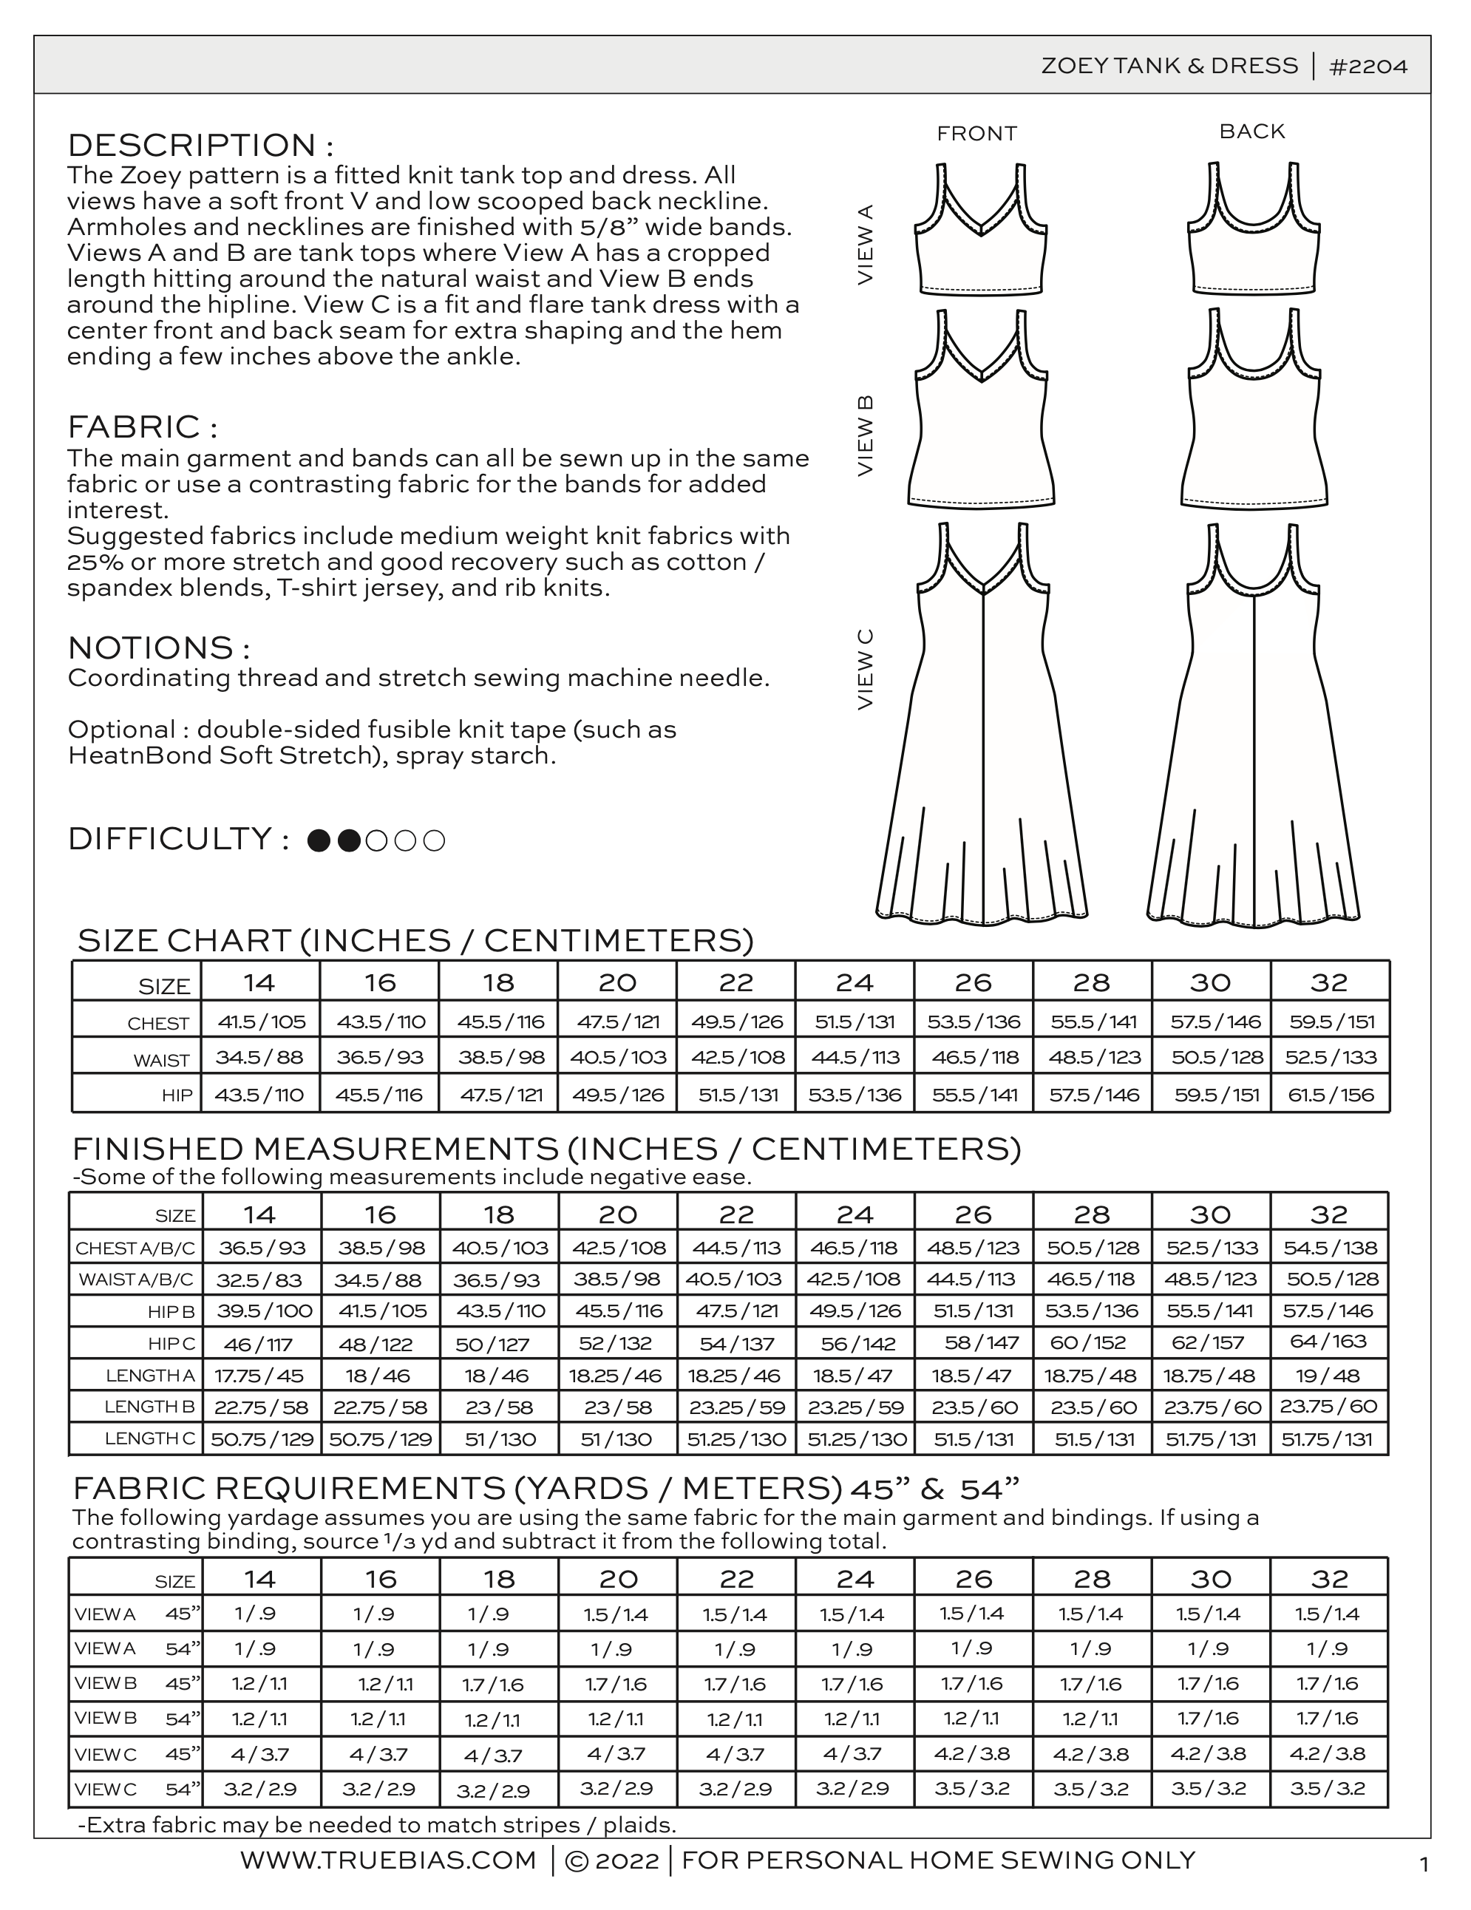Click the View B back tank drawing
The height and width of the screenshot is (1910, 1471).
[x=1254, y=411]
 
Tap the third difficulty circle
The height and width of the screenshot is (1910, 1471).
[x=377, y=840]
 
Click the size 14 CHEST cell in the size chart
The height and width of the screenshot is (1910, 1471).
[x=259, y=1022]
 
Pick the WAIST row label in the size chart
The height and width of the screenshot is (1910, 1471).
[x=161, y=1060]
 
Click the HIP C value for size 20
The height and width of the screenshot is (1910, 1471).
[x=618, y=1342]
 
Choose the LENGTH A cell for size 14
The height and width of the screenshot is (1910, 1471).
[x=259, y=1375]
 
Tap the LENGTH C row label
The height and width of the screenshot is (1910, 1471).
[x=149, y=1438]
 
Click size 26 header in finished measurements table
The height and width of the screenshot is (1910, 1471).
[x=974, y=1214]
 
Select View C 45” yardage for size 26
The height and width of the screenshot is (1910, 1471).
[x=973, y=1753]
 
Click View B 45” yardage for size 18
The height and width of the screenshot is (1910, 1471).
[x=498, y=1684]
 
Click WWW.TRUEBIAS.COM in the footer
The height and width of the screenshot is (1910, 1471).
[x=388, y=1860]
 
